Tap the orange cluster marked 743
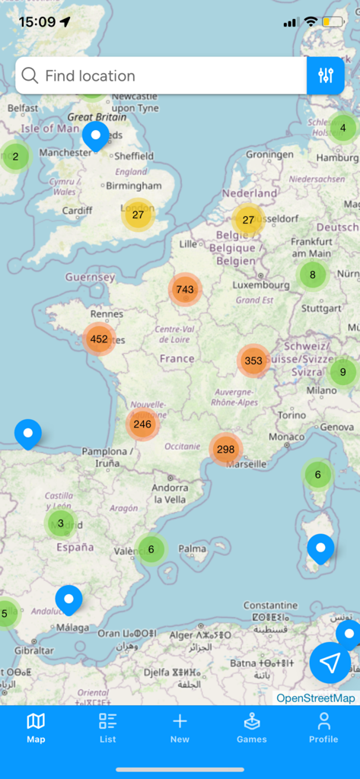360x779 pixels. pos(185,289)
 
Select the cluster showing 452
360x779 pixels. pos(99,339)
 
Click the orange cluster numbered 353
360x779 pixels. pos(253,361)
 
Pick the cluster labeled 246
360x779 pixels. pos(142,424)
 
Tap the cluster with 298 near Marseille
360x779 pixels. pos(225,449)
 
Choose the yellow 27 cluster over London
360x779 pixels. pos(138,215)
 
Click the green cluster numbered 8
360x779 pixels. pos(312,275)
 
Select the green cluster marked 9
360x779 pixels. pos(342,372)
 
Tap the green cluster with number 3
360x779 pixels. pos(61,523)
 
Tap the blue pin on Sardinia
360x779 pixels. pos(320,548)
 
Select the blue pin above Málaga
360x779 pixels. pos(68,599)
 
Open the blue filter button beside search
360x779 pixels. pos(326,75)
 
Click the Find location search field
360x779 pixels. pos(160,75)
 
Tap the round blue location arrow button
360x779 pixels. pos(330,663)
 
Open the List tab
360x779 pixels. pos(108,727)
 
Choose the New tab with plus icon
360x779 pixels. pos(180,727)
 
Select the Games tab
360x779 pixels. pos(251,727)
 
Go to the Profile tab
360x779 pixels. pos(323,727)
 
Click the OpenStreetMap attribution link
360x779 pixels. pos(315,698)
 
